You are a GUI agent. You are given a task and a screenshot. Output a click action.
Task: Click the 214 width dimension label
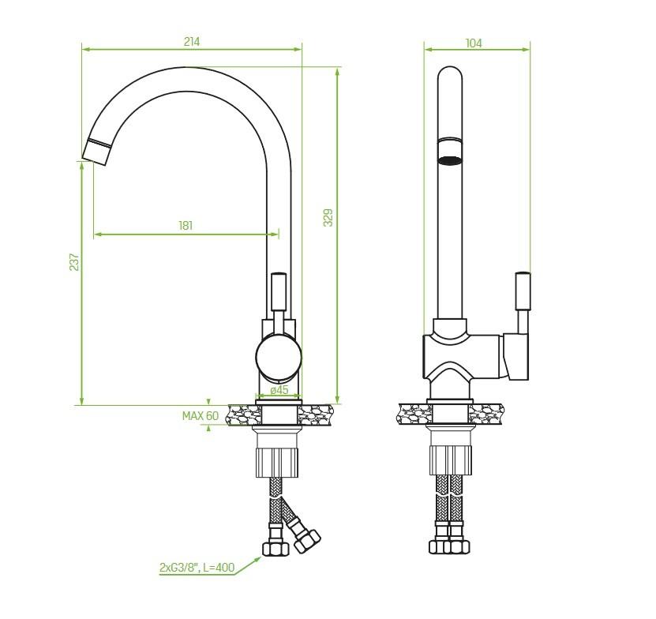pyautogui.click(x=192, y=41)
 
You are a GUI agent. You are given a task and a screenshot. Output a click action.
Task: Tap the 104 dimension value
pyautogui.click(x=474, y=43)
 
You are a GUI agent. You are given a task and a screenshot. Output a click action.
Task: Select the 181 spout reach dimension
pyautogui.click(x=186, y=226)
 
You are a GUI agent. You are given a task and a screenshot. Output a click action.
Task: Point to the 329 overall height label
pyautogui.click(x=328, y=218)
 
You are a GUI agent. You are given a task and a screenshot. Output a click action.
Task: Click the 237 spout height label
pyautogui.click(x=74, y=262)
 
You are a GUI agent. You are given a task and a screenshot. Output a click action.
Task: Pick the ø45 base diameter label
pyautogui.click(x=279, y=390)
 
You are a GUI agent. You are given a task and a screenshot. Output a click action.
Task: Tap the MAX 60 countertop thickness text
pyautogui.click(x=201, y=415)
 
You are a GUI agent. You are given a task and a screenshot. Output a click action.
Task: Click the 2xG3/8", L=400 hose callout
pyautogui.click(x=197, y=568)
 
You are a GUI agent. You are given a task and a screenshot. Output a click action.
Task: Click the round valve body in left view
pyautogui.click(x=279, y=357)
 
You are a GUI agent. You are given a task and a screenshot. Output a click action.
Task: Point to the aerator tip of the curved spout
pyautogui.click(x=97, y=151)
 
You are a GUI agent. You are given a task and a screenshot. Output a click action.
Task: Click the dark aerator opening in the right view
pyautogui.click(x=450, y=159)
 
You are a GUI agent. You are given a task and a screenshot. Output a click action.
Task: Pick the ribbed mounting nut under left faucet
pyautogui.click(x=276, y=462)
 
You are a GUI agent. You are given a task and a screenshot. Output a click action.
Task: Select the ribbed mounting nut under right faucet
pyautogui.click(x=450, y=460)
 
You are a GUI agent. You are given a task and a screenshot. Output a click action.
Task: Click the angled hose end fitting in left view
pyautogui.click(x=307, y=540)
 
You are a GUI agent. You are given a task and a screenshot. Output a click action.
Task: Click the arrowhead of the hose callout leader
pyautogui.click(x=259, y=559)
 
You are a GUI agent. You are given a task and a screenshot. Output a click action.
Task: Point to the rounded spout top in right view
pyautogui.click(x=450, y=75)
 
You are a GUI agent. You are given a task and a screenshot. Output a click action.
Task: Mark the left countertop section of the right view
pyautogui.click(x=414, y=414)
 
